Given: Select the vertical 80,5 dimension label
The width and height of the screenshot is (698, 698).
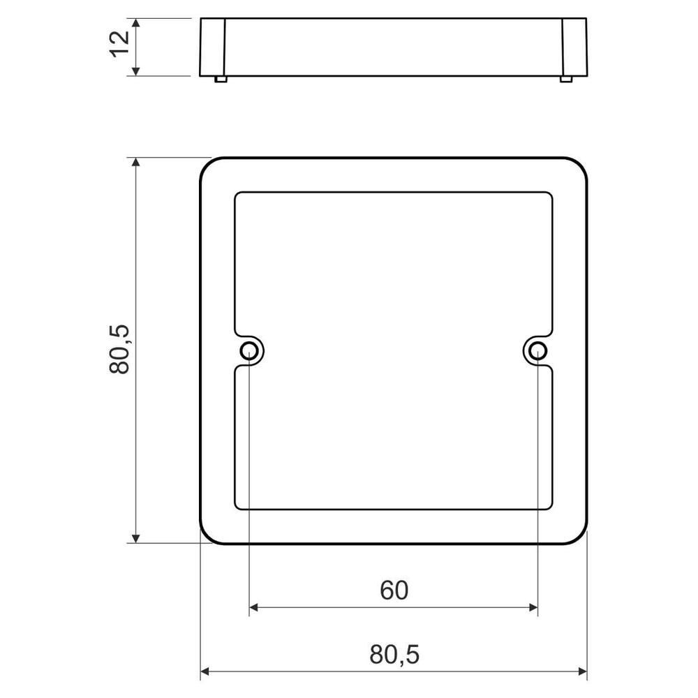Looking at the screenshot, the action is tap(119, 350).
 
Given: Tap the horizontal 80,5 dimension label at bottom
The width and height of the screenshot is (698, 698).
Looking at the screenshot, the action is tap(394, 655).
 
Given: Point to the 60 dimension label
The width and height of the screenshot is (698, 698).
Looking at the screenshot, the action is tap(394, 591).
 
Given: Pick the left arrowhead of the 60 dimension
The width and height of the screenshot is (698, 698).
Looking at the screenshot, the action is tap(254, 607).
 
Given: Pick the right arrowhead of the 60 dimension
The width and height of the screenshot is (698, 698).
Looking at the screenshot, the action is tap(533, 607).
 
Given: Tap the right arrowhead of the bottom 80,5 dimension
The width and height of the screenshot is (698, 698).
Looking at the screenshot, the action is tap(582, 671).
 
